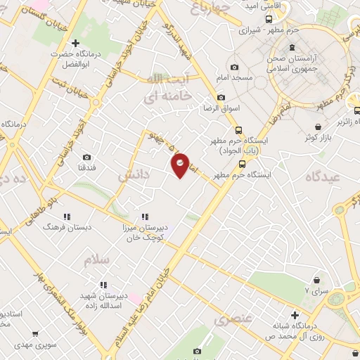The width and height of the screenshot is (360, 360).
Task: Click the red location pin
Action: click(180, 165)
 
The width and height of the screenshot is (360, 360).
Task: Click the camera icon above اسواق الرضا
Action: click(222, 97)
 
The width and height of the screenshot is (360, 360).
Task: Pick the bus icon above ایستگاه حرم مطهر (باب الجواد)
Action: click(239, 130)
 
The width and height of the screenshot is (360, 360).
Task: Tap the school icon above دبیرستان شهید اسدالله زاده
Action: click(102, 285)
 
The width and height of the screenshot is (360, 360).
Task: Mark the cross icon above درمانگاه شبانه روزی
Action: click(295, 314)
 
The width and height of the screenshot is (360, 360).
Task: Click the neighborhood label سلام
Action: click(97, 260)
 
